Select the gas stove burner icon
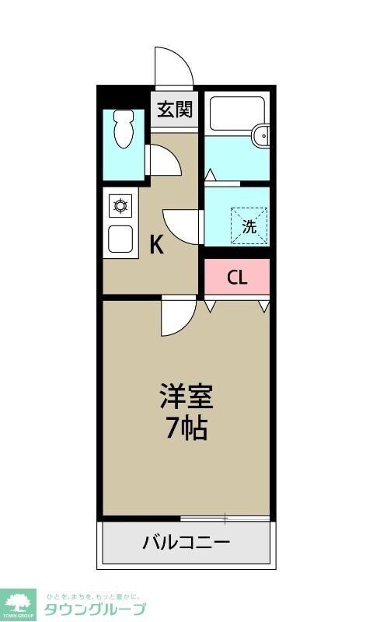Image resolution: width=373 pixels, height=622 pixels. pyautogui.click(x=120, y=207)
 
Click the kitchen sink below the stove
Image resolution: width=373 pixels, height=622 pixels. pyautogui.click(x=120, y=239)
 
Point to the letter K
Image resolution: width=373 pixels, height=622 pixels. pyautogui.click(x=156, y=246)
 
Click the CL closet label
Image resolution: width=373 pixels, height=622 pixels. pyautogui.click(x=237, y=278)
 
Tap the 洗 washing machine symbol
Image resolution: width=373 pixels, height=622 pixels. pyautogui.click(x=249, y=226)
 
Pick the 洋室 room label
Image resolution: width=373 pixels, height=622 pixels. pyautogui.click(x=186, y=397)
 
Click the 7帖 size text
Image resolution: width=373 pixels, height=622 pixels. pyautogui.click(x=186, y=428)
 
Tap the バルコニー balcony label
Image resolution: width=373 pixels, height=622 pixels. pyautogui.click(x=186, y=542)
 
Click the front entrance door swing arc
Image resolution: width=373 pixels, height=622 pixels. pyautogui.click(x=173, y=68)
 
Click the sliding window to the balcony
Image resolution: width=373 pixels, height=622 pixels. pyautogui.click(x=225, y=518)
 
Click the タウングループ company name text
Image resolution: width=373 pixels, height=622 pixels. pyautogui.click(x=94, y=608)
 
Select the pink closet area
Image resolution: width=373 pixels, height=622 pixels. pyautogui.click(x=237, y=277)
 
